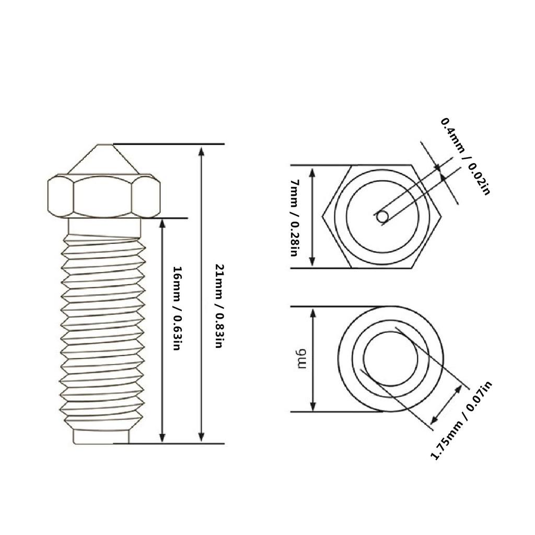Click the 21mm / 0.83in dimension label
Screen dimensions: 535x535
pos(219,306)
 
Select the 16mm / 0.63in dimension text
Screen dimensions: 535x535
pos(177,308)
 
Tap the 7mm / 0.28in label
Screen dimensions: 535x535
pos(294,218)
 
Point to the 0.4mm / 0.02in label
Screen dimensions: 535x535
pos(466,156)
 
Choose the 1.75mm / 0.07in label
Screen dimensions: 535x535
pos(461,422)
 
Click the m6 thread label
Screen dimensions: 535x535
pos(303,359)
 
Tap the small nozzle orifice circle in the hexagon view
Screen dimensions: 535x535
pos(382,217)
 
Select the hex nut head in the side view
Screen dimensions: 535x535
pos(104,196)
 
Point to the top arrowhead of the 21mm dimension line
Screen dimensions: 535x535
pos(201,152)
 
